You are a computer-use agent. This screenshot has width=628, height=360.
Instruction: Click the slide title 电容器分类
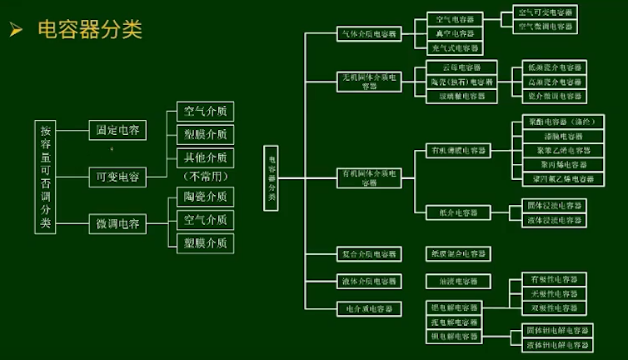click(90, 30)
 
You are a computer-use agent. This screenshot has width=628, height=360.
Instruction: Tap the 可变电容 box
click(117, 177)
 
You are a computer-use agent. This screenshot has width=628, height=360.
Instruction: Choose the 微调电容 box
click(117, 223)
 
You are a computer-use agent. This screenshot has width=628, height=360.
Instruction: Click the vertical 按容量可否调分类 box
click(46, 177)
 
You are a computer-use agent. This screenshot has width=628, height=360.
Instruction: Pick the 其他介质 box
click(205, 157)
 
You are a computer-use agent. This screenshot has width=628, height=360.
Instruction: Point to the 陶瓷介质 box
click(205, 197)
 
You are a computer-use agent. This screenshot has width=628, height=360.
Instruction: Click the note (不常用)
click(205, 177)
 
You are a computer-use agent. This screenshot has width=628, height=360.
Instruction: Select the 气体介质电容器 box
click(368, 34)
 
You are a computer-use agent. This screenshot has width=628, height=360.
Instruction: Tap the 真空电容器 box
click(455, 33)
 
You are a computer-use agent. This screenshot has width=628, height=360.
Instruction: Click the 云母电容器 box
click(461, 67)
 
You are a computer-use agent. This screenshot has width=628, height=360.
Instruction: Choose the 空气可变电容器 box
click(546, 12)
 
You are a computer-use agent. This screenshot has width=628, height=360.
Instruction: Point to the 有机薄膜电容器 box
click(457, 150)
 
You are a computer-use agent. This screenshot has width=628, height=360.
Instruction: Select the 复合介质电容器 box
click(368, 253)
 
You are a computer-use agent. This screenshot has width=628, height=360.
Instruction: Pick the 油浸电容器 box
click(457, 282)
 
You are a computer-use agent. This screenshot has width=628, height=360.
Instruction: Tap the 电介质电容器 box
click(368, 308)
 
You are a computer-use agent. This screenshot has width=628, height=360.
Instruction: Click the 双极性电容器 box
click(554, 307)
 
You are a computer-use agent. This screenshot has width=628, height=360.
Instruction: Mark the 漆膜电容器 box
click(563, 136)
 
